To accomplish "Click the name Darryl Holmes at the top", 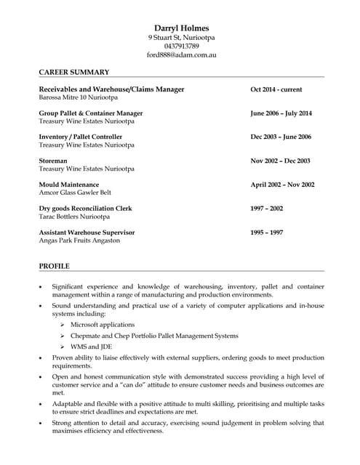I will click(x=181, y=28).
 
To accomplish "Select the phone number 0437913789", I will click(x=181, y=46).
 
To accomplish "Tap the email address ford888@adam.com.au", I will click(x=181, y=54).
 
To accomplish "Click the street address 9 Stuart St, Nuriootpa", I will click(x=181, y=37).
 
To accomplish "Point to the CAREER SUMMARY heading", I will click(x=73, y=72).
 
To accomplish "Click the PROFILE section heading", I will click(x=54, y=266).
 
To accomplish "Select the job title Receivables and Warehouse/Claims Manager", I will click(x=111, y=89).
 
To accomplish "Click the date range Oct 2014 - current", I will click(x=276, y=89).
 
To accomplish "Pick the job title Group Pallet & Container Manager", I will click(x=90, y=113).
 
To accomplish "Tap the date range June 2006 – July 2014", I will click(x=281, y=113).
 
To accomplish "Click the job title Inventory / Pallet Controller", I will click(x=80, y=137).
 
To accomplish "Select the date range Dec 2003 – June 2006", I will click(x=281, y=137).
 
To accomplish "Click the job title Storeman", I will click(x=53, y=161).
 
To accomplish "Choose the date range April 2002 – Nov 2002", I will click(x=282, y=185).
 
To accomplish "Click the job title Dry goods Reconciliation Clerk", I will click(x=85, y=209).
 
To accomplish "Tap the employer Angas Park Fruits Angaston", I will click(x=79, y=240).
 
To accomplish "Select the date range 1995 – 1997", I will click(x=267, y=232).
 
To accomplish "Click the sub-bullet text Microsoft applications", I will click(x=103, y=324).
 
